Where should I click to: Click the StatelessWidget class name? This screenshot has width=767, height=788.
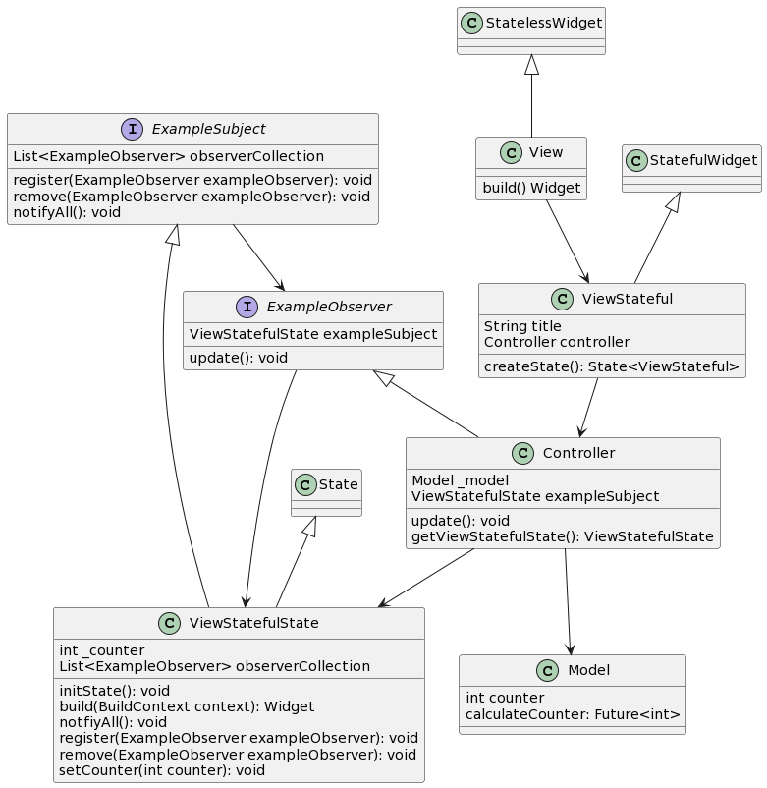[x=544, y=23]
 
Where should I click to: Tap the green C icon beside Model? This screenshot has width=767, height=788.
[x=547, y=670]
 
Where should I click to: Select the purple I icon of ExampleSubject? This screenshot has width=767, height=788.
[x=133, y=129]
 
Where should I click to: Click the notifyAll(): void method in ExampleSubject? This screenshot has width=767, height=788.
[x=67, y=212]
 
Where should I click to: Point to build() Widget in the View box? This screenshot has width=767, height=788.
[x=531, y=188]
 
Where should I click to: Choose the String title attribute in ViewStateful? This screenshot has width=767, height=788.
[x=522, y=326]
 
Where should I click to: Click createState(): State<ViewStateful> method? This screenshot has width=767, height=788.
[x=611, y=366]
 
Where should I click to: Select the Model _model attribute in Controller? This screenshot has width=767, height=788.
[x=460, y=480]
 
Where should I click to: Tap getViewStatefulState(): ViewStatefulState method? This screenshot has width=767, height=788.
[x=562, y=536]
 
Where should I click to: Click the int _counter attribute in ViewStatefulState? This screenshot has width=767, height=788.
[x=102, y=650]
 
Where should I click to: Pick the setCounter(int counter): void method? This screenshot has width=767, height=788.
[x=162, y=770]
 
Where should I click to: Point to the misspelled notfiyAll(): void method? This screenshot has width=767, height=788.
[x=113, y=722]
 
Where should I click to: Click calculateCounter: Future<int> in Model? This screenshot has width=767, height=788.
[x=573, y=714]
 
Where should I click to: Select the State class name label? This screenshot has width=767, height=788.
[x=338, y=484]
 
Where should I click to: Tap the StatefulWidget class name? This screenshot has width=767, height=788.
[x=703, y=160]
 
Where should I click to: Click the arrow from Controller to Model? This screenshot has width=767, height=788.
[x=568, y=601]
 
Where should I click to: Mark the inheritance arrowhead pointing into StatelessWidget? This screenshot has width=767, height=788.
[x=531, y=64]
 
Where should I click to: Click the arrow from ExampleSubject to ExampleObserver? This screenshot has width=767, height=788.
[x=258, y=257]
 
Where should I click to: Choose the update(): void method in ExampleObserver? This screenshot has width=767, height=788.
[x=238, y=358]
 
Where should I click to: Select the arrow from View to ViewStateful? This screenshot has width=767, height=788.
[x=568, y=242]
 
